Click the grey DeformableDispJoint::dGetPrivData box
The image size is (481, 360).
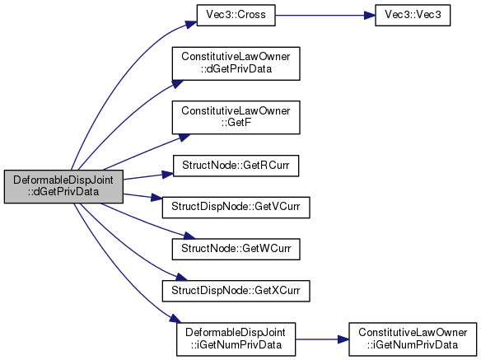[x=63, y=186]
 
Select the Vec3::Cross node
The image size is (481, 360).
[x=236, y=15]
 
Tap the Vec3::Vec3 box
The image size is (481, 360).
[x=413, y=15]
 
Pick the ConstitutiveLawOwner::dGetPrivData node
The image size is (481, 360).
[x=236, y=63]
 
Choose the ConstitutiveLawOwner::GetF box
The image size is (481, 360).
[x=236, y=117]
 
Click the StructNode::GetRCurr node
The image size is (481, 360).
[x=236, y=166]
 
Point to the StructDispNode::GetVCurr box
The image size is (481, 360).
[x=236, y=208]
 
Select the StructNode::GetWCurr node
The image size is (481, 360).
[x=236, y=250]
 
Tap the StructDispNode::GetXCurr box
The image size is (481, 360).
[x=236, y=291]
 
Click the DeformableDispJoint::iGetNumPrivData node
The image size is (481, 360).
[x=236, y=339]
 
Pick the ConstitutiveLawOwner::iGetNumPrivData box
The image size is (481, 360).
[x=413, y=339]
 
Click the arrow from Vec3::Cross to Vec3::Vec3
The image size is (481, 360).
[x=325, y=15]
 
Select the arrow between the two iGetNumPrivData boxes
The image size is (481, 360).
[x=322, y=339]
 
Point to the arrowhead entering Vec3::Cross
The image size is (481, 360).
[x=191, y=24]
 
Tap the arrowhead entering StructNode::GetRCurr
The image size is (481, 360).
[x=168, y=175]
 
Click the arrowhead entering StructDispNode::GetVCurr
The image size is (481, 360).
[x=156, y=198]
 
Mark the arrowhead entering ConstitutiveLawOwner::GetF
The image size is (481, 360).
[x=184, y=138]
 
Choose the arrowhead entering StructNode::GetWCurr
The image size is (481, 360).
[x=189, y=236]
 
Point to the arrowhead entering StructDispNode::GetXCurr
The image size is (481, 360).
[x=181, y=277]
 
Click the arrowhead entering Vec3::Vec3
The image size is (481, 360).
[x=369, y=15]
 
